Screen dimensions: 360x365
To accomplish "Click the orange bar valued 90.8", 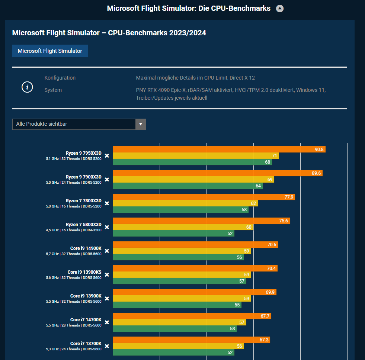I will click(219, 150).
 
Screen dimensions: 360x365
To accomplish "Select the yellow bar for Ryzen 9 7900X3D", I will click(193, 180).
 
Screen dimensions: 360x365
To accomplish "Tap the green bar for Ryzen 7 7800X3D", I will click(180, 210).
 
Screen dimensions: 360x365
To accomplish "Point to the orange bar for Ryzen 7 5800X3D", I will click(201, 221).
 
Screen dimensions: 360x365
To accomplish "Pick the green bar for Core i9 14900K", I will click(178, 257).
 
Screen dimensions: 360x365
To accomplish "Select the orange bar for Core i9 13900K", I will click(194, 292).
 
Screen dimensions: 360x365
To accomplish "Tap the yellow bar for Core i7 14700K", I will click(179, 322).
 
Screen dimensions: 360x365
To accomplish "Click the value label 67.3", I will click(264, 340).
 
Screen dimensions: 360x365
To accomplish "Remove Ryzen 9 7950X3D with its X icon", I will click(107, 156).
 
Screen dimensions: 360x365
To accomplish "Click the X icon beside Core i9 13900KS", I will click(107, 275).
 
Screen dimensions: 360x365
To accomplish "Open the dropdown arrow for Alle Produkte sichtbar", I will click(141, 124).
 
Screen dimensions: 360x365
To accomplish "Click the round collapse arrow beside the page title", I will click(280, 9).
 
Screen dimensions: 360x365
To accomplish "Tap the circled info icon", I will click(27, 87).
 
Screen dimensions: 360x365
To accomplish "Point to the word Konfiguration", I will click(60, 78).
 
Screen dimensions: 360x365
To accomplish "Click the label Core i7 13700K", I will click(86, 343).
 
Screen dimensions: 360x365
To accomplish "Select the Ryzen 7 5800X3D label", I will click(83, 224).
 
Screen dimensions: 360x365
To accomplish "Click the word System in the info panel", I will click(53, 90).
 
